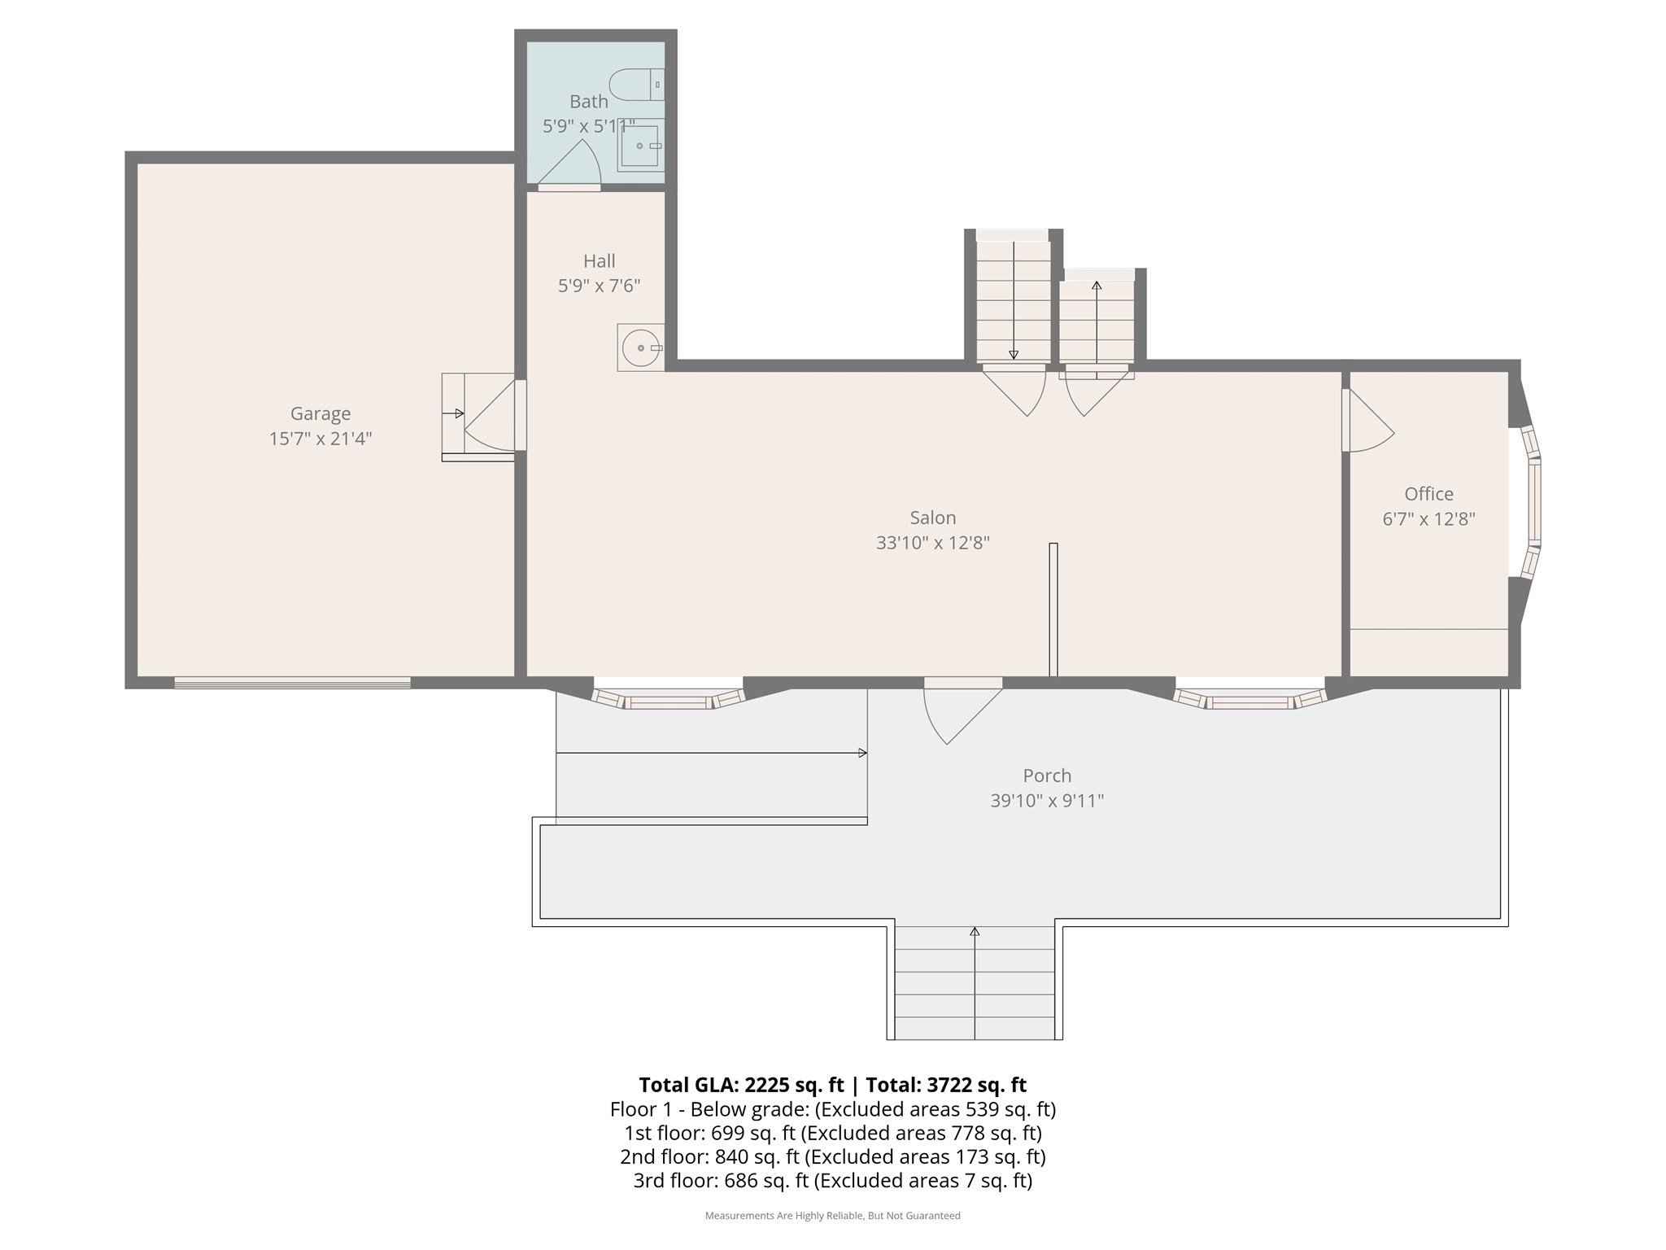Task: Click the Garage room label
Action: coord(321,414)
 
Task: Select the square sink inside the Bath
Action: coord(641,146)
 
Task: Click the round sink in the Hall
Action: coord(641,348)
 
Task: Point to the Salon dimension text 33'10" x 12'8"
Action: coord(932,543)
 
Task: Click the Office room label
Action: coord(1428,494)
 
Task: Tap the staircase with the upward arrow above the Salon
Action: coord(1097,322)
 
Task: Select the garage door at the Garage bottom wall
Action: coord(292,683)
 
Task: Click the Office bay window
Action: coord(1533,503)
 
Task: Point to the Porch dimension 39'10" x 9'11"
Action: coord(1047,801)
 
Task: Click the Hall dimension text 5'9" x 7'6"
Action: coord(600,286)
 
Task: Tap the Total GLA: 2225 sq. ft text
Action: coord(741,1085)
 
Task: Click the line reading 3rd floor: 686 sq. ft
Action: coord(832,1181)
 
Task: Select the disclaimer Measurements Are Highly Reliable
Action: coord(832,1216)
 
